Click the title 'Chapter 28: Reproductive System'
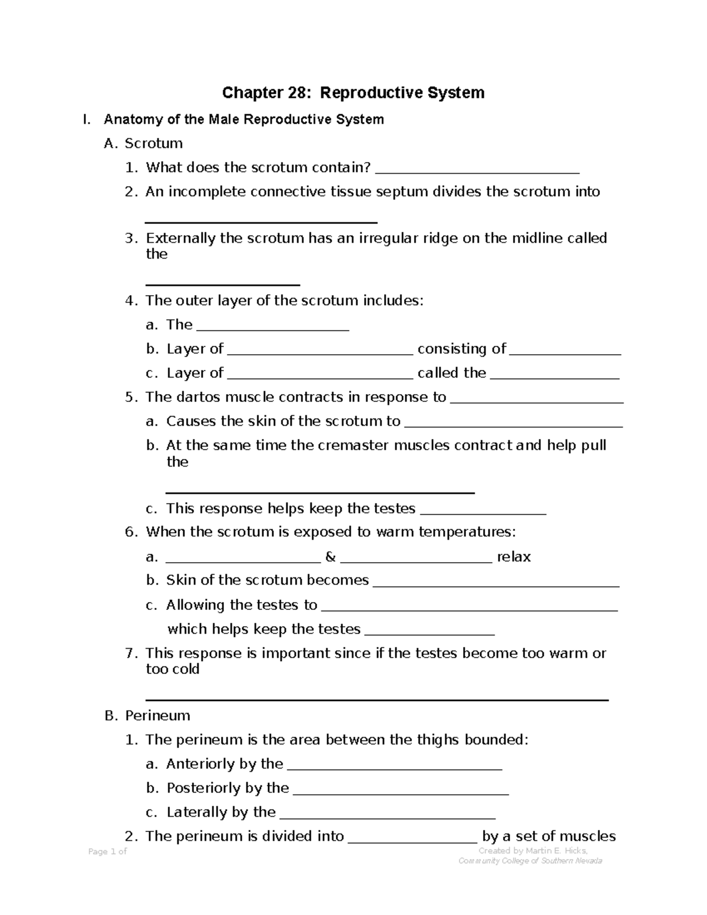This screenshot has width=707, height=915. [x=353, y=93]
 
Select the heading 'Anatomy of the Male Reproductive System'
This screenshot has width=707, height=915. [x=243, y=120]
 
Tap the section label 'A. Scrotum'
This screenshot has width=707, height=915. [x=143, y=144]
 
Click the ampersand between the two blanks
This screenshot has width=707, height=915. [x=330, y=557]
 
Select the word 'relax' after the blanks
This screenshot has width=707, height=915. [x=514, y=557]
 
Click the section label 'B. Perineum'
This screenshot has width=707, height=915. [x=147, y=716]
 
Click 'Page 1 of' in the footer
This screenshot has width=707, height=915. [x=107, y=851]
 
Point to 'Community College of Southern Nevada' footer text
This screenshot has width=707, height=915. [x=530, y=861]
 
